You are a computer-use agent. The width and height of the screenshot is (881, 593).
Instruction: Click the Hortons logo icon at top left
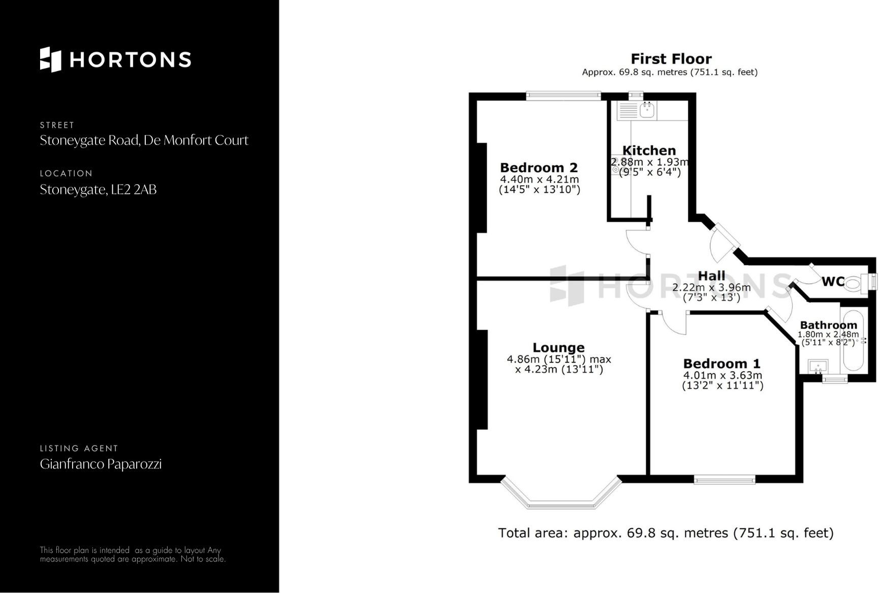click(50, 60)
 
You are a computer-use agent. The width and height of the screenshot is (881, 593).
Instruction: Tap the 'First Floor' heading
click(671, 59)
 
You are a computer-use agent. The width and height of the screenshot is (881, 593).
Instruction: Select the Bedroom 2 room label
click(539, 168)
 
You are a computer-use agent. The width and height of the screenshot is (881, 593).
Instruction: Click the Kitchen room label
click(649, 151)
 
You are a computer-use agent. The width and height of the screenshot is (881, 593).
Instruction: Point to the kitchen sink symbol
click(646, 109)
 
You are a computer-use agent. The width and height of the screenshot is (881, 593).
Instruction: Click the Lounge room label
click(558, 348)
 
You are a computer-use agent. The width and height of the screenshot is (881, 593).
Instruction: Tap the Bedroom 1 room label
click(721, 364)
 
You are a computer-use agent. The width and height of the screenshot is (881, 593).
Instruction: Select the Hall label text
click(711, 276)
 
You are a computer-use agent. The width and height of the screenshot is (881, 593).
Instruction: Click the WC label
click(833, 281)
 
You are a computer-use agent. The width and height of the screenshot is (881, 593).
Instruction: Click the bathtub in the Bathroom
click(853, 341)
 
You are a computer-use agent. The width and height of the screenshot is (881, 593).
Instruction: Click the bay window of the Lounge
click(561, 503)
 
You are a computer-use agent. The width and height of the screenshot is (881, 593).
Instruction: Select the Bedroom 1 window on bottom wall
click(725, 479)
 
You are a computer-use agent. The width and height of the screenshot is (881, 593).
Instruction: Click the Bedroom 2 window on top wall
click(563, 95)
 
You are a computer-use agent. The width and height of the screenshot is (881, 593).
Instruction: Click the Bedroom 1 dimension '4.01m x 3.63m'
click(722, 375)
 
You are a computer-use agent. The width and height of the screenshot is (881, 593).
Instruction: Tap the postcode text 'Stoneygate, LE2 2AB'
click(98, 190)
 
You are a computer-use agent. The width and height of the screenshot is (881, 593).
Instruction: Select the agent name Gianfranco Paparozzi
click(101, 464)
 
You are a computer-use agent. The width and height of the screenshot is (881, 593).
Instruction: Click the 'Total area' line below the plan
click(666, 533)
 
